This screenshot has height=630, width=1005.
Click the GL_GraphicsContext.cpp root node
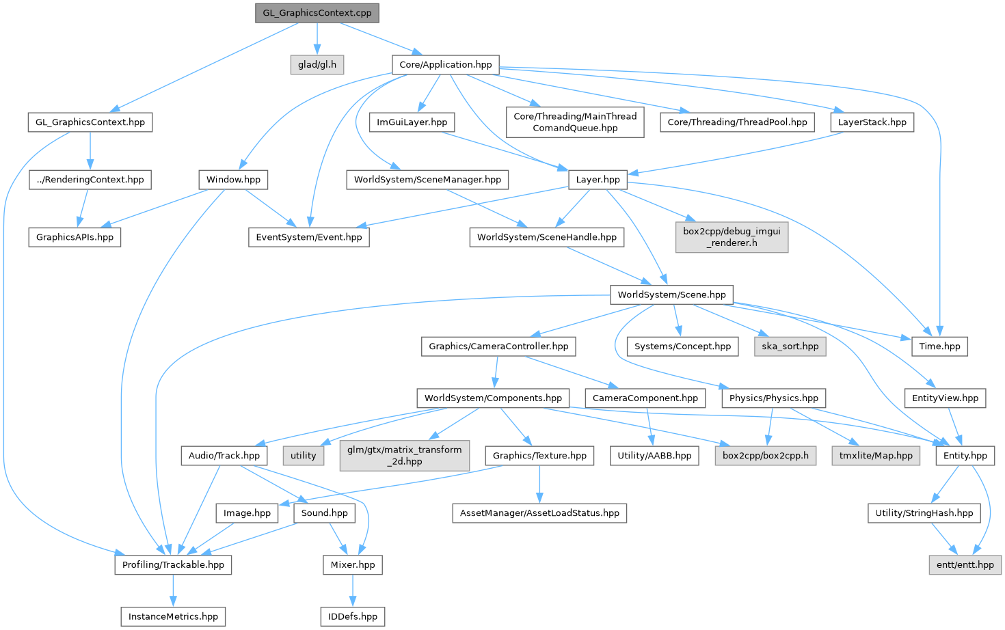click(317, 13)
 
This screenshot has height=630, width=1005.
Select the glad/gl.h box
click(317, 65)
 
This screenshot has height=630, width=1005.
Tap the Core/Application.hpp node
click(446, 65)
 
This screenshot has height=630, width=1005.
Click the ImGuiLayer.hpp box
click(412, 122)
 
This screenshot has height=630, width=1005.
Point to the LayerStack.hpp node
click(872, 122)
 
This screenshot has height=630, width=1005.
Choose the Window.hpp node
click(233, 180)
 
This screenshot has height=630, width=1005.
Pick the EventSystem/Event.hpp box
click(309, 237)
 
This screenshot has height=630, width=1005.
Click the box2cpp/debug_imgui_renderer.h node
click(732, 237)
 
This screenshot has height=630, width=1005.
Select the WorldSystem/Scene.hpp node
click(671, 295)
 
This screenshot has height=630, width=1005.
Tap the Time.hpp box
click(939, 346)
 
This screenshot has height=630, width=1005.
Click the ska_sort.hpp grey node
click(790, 346)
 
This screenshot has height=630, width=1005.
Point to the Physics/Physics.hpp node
click(773, 398)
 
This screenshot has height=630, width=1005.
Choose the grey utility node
click(303, 456)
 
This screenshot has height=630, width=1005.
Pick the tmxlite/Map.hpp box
click(876, 456)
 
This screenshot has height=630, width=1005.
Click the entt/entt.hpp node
click(965, 565)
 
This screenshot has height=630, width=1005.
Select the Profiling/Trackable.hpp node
click(173, 565)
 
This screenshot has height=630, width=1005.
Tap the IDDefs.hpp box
click(352, 616)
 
